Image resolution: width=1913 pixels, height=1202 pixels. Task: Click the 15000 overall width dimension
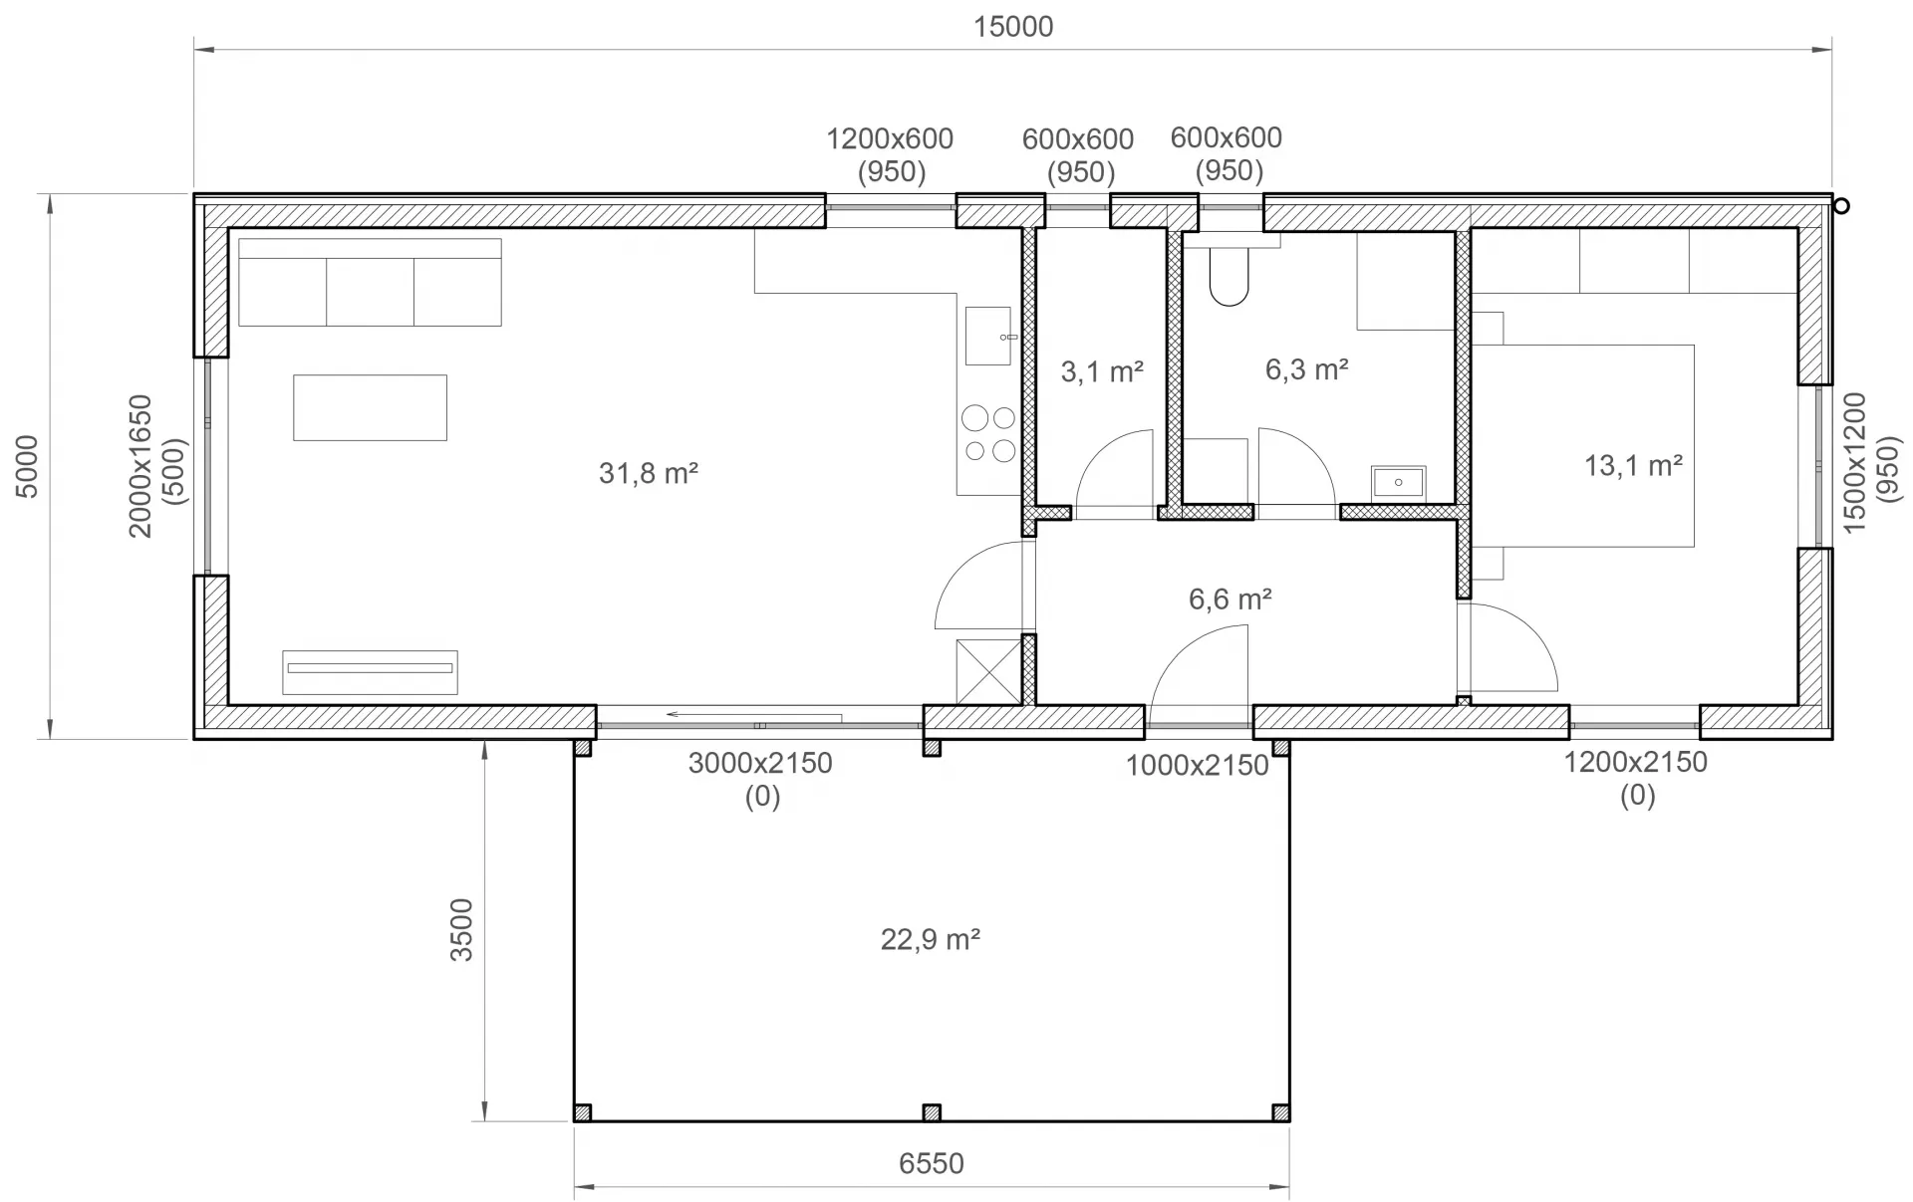coord(1012,27)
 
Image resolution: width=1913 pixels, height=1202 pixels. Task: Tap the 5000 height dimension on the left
coord(27,466)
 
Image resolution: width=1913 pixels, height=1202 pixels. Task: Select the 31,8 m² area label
coord(649,472)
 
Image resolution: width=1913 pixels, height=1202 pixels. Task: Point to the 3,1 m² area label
coord(1102,371)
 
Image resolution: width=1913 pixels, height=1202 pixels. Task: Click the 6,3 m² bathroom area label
coord(1307,369)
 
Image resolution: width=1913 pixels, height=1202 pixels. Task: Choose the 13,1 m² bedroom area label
coord(1634,465)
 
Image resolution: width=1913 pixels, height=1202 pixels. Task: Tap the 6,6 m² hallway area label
coord(1230,599)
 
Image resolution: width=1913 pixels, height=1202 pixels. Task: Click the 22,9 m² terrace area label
coord(931,939)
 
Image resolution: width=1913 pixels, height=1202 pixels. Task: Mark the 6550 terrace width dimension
coord(932,1163)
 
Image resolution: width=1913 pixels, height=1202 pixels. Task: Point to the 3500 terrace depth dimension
coord(461,930)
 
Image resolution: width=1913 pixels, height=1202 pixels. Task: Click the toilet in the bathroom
coord(1230,269)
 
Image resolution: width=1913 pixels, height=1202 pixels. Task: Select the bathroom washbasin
coord(1399,483)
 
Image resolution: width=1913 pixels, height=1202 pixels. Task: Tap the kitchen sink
coord(988,336)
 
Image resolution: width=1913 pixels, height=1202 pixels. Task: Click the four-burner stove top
coord(989,434)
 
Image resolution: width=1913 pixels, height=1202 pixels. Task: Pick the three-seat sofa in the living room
coord(370,282)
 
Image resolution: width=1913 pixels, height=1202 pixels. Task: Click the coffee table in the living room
coord(370,407)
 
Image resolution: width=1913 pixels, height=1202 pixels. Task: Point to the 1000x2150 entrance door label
coord(1198,766)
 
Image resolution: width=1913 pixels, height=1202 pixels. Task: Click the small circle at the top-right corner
coord(1841,206)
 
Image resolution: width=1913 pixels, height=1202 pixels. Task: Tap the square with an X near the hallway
coord(988,672)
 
